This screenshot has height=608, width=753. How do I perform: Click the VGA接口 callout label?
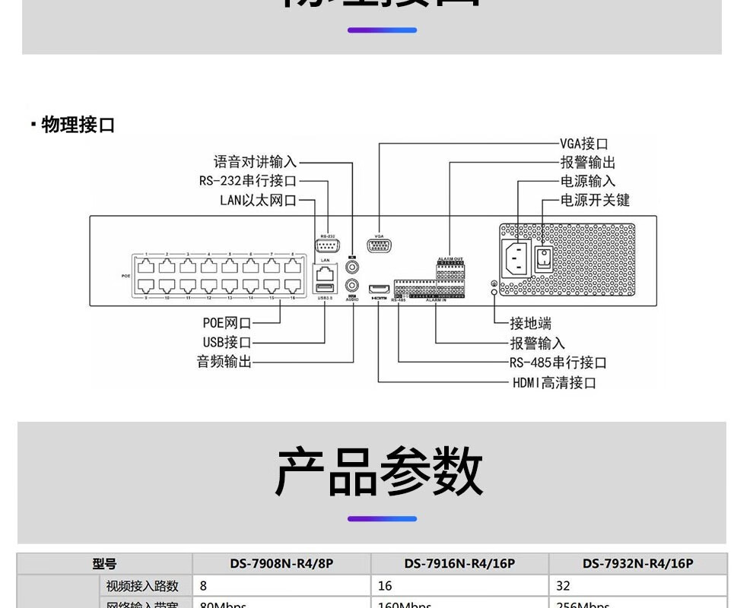583,144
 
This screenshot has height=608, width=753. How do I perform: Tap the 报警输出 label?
587,163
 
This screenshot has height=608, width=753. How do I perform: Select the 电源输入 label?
587,181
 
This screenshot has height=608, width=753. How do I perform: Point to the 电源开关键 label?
595,200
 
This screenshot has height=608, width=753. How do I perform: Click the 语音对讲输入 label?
255,162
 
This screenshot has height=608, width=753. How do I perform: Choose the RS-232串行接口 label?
247,181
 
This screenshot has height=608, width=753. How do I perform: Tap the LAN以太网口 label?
257,200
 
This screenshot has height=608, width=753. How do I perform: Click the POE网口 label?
227,324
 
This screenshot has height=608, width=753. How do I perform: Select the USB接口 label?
227,343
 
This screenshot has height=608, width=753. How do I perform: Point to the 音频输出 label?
224,362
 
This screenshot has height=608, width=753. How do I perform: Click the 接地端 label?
530,324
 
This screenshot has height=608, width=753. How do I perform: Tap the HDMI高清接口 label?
554,382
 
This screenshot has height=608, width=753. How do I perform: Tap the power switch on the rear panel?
543,258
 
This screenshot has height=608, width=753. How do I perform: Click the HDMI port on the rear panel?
379,289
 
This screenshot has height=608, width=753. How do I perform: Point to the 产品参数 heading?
379,471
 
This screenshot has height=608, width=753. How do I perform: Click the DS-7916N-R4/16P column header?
459,564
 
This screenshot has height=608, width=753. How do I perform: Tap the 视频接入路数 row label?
142,586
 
